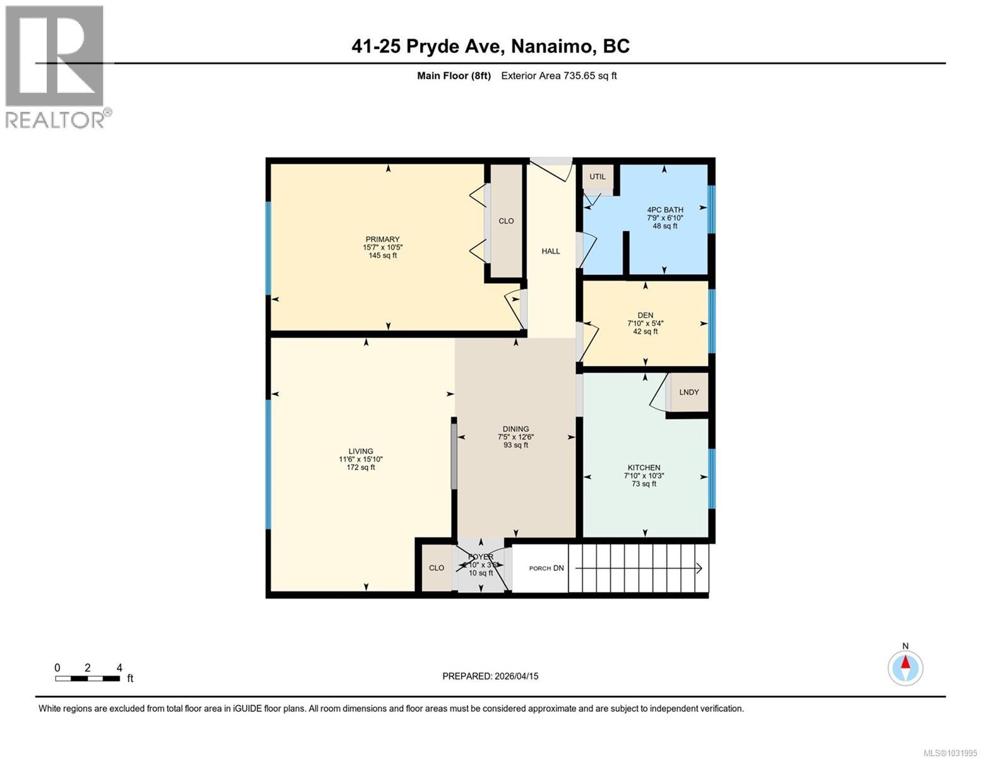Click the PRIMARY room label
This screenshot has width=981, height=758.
pyautogui.click(x=382, y=239)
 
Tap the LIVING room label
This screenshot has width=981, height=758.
pyautogui.click(x=361, y=452)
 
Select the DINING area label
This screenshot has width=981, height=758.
pyautogui.click(x=515, y=429)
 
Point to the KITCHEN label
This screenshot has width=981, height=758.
pyautogui.click(x=644, y=468)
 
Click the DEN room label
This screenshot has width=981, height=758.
pyautogui.click(x=645, y=315)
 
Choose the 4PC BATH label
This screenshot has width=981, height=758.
pyautogui.click(x=665, y=210)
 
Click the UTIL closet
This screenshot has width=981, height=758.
pyautogui.click(x=598, y=177)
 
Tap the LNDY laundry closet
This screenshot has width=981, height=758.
pyautogui.click(x=689, y=392)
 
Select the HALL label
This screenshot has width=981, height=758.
pyautogui.click(x=551, y=251)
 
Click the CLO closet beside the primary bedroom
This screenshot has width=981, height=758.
pyautogui.click(x=506, y=221)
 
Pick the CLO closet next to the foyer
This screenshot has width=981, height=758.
pyautogui.click(x=436, y=568)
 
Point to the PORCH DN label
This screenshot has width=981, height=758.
pyautogui.click(x=546, y=568)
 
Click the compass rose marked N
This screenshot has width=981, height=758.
pyautogui.click(x=905, y=667)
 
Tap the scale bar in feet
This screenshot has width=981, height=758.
pyautogui.click(x=88, y=678)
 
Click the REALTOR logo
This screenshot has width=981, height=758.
pyautogui.click(x=56, y=66)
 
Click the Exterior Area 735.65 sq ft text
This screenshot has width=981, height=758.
pyautogui.click(x=558, y=76)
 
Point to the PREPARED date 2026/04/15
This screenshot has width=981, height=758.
pyautogui.click(x=490, y=676)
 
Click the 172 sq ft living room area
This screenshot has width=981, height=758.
pyautogui.click(x=361, y=467)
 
